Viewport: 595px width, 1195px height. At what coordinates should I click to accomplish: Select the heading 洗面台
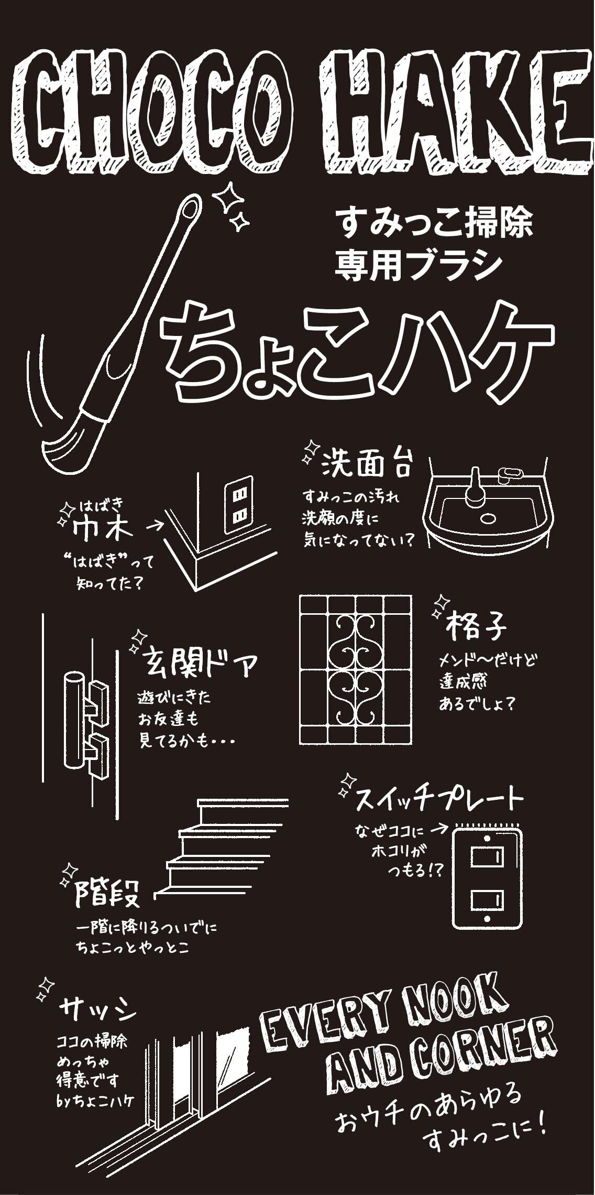(x=367, y=463)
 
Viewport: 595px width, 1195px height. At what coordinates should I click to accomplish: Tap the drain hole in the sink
(x=488, y=519)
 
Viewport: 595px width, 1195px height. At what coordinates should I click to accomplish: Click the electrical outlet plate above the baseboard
(x=239, y=505)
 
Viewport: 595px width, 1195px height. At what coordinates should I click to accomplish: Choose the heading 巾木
(x=102, y=529)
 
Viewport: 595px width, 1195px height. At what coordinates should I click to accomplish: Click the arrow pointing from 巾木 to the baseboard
(x=153, y=525)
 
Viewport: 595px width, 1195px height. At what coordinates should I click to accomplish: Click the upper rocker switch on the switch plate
(x=487, y=858)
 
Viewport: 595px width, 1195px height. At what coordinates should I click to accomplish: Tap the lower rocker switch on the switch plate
(x=487, y=901)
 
